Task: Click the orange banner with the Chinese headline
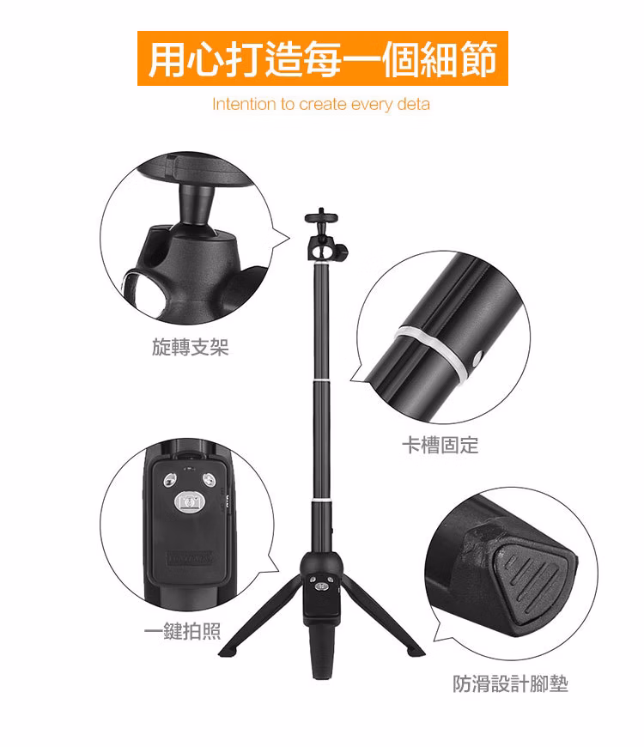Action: (x=322, y=58)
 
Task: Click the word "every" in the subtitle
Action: (x=371, y=105)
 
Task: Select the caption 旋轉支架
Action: (x=191, y=348)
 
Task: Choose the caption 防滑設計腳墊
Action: (x=511, y=683)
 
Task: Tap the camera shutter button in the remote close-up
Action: (x=187, y=501)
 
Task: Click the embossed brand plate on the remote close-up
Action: (x=187, y=557)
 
